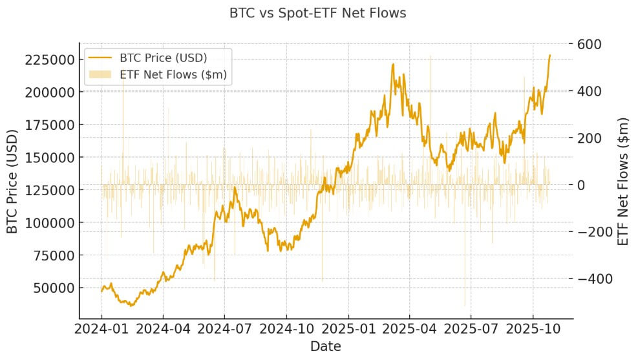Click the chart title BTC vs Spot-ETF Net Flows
point(318,13)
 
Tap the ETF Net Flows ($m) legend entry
point(173,74)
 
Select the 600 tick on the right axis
point(590,44)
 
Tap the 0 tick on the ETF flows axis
point(581,185)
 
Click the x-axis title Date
point(326,346)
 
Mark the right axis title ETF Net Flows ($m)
point(623,181)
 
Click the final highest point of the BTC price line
point(550,56)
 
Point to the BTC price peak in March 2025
point(393,64)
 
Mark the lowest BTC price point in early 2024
point(131,305)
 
